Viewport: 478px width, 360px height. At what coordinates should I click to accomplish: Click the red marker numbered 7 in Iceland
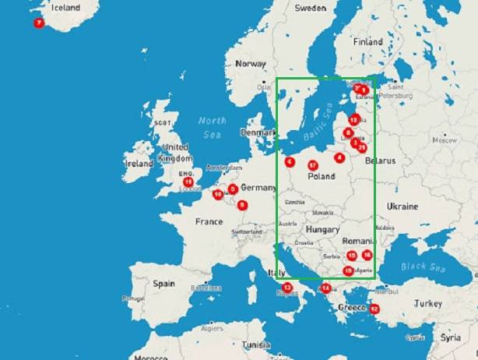point(38,23)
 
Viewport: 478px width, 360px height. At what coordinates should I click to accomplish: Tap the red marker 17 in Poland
point(312,165)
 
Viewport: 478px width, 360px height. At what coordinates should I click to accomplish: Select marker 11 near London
point(188,182)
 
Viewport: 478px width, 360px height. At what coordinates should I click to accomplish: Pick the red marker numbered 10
point(218,194)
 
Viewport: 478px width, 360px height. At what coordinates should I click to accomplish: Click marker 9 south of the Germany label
point(242,205)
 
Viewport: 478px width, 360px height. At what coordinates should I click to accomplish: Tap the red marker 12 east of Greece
point(374,309)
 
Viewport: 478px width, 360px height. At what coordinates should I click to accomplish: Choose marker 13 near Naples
point(287,288)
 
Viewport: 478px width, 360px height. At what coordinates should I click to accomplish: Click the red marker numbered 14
point(325,288)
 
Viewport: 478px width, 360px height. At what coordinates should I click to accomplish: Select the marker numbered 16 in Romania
point(367,255)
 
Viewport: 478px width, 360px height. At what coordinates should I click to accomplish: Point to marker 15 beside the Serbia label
point(352,255)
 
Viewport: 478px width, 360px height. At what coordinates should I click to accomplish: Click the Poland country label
point(322,176)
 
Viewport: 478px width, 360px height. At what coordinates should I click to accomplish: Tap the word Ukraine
point(402,206)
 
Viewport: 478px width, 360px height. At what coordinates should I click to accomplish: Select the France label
point(209,222)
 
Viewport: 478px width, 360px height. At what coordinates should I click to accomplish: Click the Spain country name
point(163,284)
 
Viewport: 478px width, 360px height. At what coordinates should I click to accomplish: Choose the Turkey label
point(427,303)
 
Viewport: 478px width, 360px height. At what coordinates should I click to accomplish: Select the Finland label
point(367,42)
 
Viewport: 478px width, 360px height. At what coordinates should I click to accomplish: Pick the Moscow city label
point(444,142)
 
